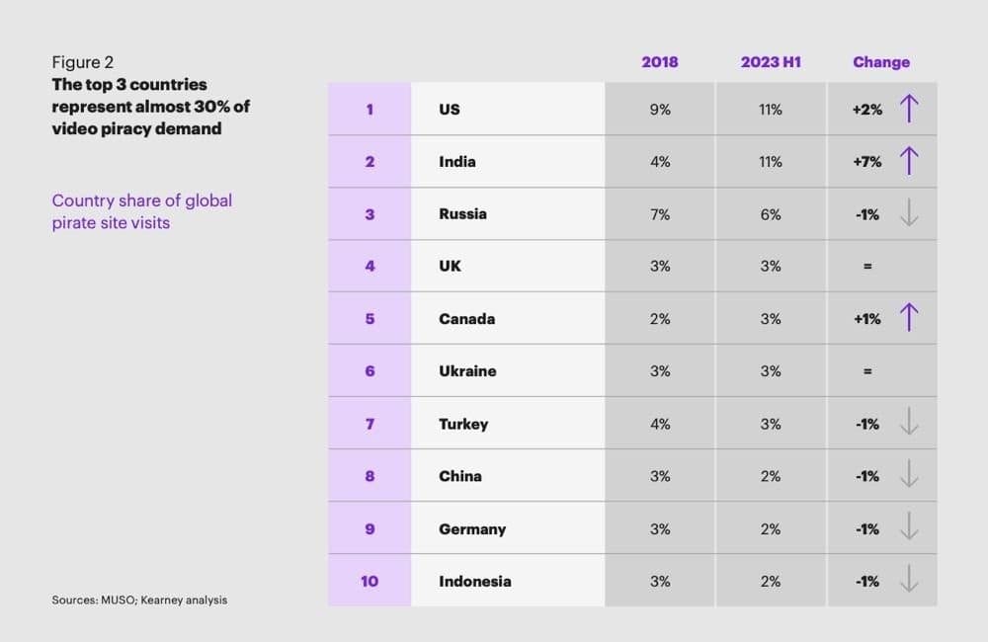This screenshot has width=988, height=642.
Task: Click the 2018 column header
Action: [x=659, y=62]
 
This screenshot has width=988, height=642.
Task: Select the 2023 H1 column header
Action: [x=771, y=62]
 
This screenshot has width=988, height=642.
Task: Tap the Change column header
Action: [x=880, y=62]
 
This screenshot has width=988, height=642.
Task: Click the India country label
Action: [x=456, y=162]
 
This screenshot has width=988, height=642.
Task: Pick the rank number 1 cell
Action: [x=370, y=110]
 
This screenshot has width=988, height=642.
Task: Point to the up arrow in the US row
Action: [x=909, y=109]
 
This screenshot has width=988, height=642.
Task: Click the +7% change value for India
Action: [x=866, y=162]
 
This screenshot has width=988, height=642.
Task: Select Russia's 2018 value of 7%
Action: [x=659, y=214]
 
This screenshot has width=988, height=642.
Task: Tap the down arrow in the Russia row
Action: [x=909, y=213]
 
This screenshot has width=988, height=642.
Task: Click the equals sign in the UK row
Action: [x=867, y=267]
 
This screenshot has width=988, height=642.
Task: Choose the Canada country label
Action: [x=466, y=319]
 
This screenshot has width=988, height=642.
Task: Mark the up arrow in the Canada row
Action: [x=909, y=318]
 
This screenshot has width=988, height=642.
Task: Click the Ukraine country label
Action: [x=467, y=371]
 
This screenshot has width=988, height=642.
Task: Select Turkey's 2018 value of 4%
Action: [x=659, y=424]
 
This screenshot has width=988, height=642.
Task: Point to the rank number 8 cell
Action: [x=370, y=476]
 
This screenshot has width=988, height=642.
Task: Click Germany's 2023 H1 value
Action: [x=771, y=528]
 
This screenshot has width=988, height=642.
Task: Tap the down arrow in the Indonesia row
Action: [x=909, y=581]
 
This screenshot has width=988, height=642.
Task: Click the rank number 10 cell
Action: [x=370, y=581]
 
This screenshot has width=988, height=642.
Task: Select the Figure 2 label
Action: [x=82, y=62]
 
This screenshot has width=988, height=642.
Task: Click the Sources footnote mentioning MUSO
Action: [x=139, y=600]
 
